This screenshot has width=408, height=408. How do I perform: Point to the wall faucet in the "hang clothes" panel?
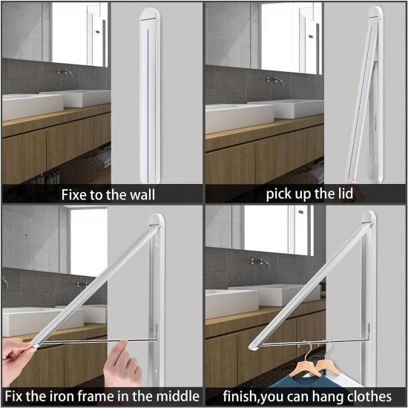click(260, 261)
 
